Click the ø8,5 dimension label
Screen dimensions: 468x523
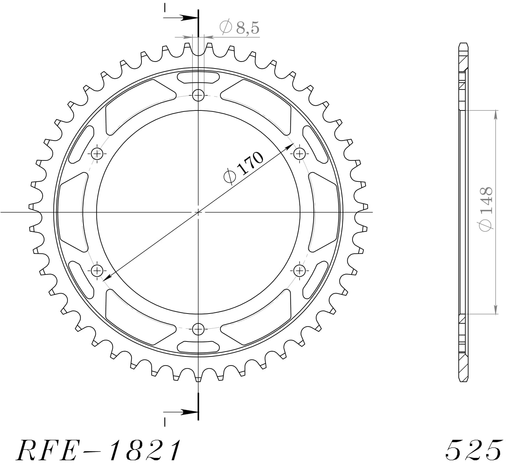240,28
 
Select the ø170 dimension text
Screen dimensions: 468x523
244,167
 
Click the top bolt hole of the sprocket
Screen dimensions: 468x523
198,95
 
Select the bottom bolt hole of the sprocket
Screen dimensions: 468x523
198,329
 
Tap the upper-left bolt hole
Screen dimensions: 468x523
97,153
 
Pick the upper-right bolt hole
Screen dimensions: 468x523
299,153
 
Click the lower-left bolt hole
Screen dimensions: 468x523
97,270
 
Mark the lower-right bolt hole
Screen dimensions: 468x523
299,270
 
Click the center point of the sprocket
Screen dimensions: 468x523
198,212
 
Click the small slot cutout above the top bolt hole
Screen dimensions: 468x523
198,78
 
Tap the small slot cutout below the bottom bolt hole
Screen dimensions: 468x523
198,346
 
